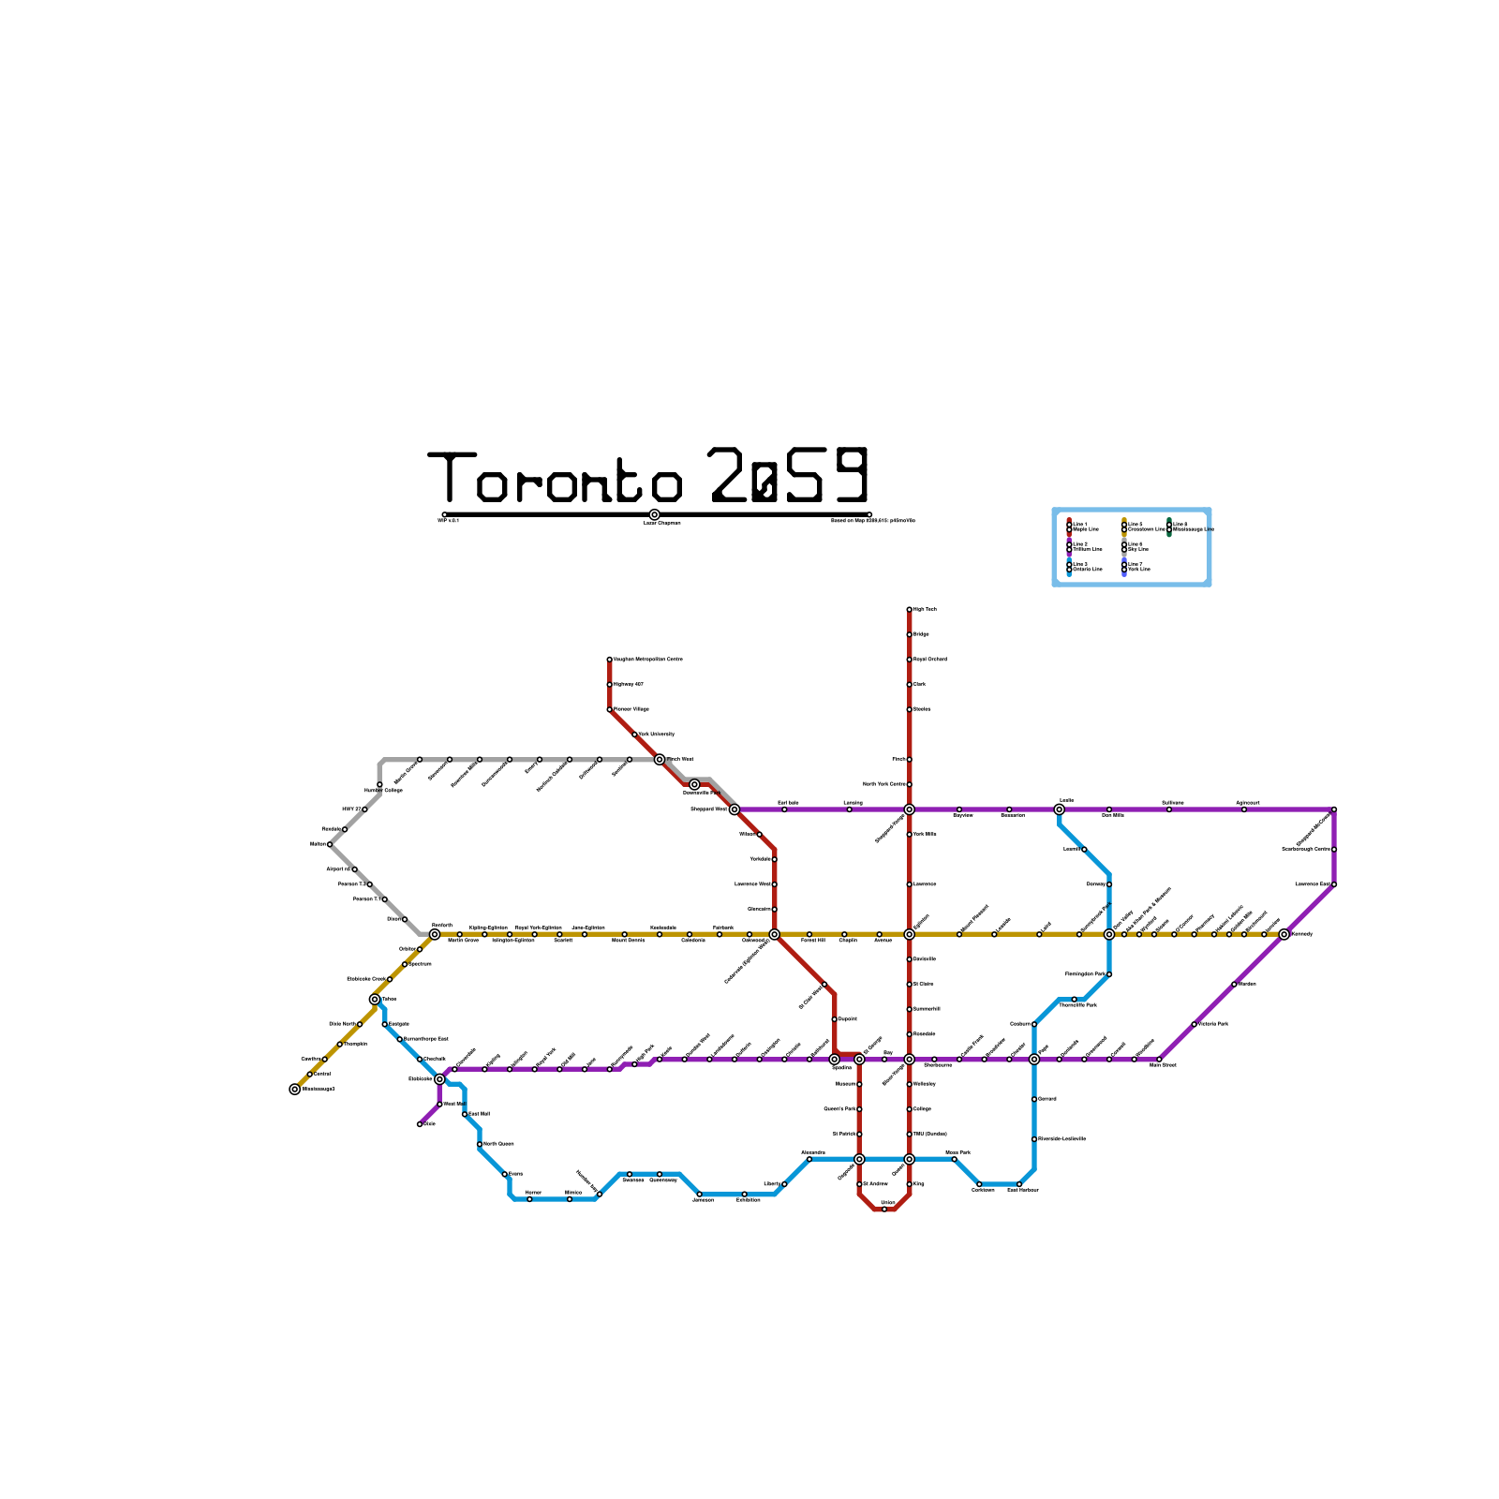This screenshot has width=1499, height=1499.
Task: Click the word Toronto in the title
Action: pos(556,478)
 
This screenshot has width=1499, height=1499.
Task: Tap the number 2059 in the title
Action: pos(790,476)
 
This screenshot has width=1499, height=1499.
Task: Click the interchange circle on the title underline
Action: pos(654,514)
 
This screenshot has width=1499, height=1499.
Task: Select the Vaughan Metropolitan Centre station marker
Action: pos(609,660)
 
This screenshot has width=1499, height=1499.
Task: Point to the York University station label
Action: pos(657,735)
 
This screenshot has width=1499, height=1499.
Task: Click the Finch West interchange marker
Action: pos(660,760)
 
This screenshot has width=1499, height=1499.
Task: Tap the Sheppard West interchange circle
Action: pos(735,809)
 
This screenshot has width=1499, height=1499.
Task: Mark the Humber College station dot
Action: pos(379,784)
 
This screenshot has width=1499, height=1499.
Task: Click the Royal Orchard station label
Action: pos(929,660)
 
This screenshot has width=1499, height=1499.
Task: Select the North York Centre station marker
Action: pos(909,784)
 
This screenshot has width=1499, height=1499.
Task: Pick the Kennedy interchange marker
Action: pos(1284,934)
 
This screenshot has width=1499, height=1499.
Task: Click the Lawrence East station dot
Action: pos(1334,884)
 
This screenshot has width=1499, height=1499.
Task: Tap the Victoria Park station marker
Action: pos(1194,1024)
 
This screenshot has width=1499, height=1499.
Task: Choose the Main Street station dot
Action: pos(1159,1060)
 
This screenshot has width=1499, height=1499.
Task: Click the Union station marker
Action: pos(884,1209)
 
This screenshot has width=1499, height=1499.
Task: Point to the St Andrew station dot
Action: pos(859,1184)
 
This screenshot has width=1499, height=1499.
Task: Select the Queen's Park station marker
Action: pos(859,1109)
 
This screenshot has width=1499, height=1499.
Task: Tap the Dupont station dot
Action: pos(834,1019)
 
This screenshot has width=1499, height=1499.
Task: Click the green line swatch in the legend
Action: pos(1169,527)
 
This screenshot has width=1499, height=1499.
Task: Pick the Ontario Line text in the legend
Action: pos(1087,570)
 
